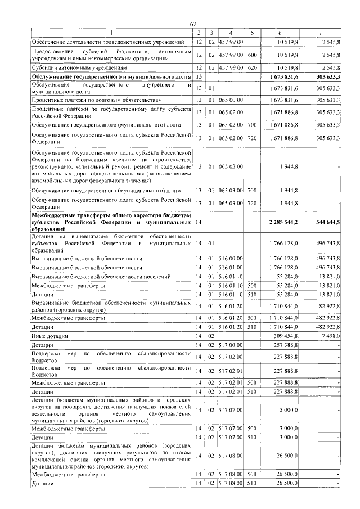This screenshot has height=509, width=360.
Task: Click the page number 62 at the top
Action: tap(193, 24)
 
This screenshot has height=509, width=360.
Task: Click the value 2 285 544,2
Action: tap(283, 223)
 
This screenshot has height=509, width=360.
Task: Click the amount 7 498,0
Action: tap(328, 335)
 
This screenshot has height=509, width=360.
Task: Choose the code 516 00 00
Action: tap(231, 258)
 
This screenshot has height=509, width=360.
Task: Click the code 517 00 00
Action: tap(231, 345)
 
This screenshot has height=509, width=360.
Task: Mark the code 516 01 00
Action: tap(231, 267)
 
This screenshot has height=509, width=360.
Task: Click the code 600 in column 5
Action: tap(252, 55)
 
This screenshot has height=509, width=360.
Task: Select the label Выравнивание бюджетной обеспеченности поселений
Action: tap(93, 277)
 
